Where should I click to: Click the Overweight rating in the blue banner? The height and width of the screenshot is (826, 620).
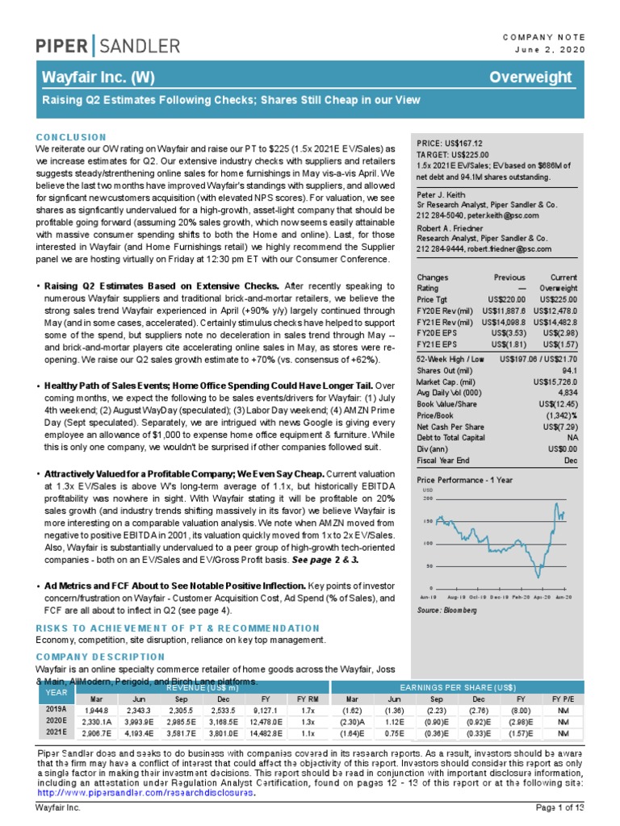tap(535, 77)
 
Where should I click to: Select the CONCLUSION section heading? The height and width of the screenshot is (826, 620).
tap(71, 138)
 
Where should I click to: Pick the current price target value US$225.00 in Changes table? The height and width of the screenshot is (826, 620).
tap(555, 298)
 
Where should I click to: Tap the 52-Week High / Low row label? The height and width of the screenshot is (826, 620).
tap(450, 357)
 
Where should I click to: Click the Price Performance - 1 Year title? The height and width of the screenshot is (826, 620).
tap(464, 480)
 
